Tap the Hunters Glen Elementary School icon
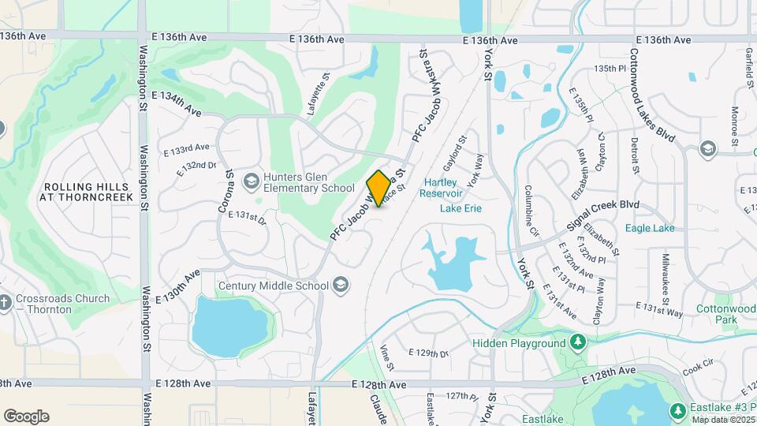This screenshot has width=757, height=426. point(252,182)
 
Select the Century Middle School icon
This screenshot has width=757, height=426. point(341,285)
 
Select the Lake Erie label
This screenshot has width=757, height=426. point(461,208)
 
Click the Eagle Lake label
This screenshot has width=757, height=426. point(649,228)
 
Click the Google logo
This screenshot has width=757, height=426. point(26,417)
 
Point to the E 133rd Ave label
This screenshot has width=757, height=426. point(187,148)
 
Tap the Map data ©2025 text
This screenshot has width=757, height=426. point(722,420)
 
